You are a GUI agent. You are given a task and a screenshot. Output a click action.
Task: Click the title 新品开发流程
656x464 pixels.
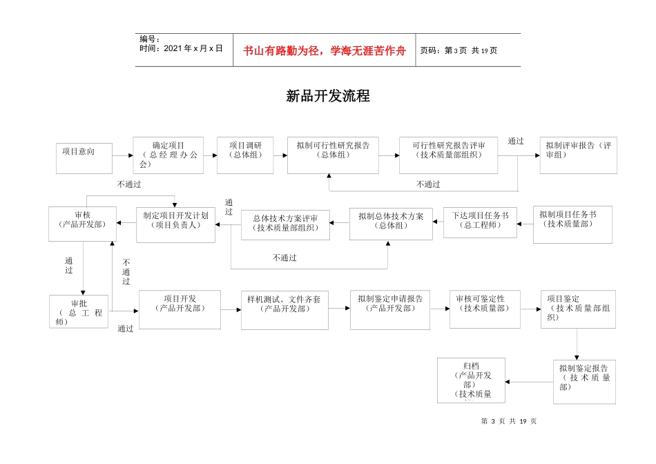[x=328, y=97]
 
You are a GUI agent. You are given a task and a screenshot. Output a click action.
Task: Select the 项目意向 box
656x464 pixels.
[x=84, y=157]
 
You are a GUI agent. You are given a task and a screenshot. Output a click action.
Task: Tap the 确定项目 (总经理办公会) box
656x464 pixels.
[x=168, y=155]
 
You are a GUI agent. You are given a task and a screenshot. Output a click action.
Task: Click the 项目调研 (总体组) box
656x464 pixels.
[x=245, y=155]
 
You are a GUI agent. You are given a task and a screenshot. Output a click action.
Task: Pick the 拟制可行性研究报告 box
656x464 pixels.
[x=333, y=155]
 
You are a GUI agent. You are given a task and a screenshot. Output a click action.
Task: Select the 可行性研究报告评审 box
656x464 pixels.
[x=447, y=155]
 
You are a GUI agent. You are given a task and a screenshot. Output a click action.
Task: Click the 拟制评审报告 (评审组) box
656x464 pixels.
[x=578, y=155]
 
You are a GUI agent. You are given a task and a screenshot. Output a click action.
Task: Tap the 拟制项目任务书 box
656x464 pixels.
[x=572, y=224]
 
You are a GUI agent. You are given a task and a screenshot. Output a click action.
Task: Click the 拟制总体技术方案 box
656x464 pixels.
[x=390, y=223]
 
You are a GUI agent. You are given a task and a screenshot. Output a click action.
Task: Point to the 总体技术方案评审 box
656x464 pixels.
[x=285, y=224]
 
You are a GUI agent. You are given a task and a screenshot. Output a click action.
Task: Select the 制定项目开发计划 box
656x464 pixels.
[x=175, y=224]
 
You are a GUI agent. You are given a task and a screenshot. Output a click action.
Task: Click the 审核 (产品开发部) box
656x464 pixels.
[x=82, y=223]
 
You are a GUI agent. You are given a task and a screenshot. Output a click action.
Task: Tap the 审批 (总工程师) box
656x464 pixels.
[x=79, y=311]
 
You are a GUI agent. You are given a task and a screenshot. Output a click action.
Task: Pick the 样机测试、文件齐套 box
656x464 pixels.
[x=284, y=309]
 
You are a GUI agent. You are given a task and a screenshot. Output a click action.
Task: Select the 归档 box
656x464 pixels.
[x=471, y=380]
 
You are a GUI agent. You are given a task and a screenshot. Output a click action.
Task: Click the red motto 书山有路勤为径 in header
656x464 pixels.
[x=324, y=50]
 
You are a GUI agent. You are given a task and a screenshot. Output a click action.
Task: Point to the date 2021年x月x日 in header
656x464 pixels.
[x=181, y=49]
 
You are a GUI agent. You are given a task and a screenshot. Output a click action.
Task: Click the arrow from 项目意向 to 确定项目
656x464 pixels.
[x=122, y=155]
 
